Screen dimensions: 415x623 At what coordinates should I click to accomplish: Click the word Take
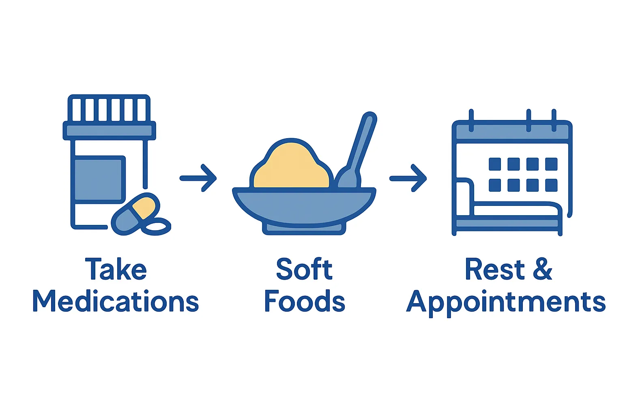(116, 269)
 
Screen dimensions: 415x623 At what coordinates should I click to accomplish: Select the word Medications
(116, 302)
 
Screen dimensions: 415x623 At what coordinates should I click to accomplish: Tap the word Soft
(304, 269)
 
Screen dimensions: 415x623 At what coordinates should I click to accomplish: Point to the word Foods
(304, 302)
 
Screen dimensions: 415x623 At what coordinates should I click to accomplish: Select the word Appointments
(506, 302)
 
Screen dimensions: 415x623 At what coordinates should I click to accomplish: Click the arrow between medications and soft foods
(199, 178)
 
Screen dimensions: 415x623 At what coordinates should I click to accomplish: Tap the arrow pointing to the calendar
(408, 178)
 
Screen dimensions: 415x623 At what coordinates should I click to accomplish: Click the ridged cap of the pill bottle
(109, 109)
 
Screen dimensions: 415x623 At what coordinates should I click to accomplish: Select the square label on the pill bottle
(99, 179)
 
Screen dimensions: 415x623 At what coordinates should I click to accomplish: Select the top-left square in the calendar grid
(495, 164)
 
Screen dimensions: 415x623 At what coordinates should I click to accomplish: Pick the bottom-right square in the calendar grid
(551, 185)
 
